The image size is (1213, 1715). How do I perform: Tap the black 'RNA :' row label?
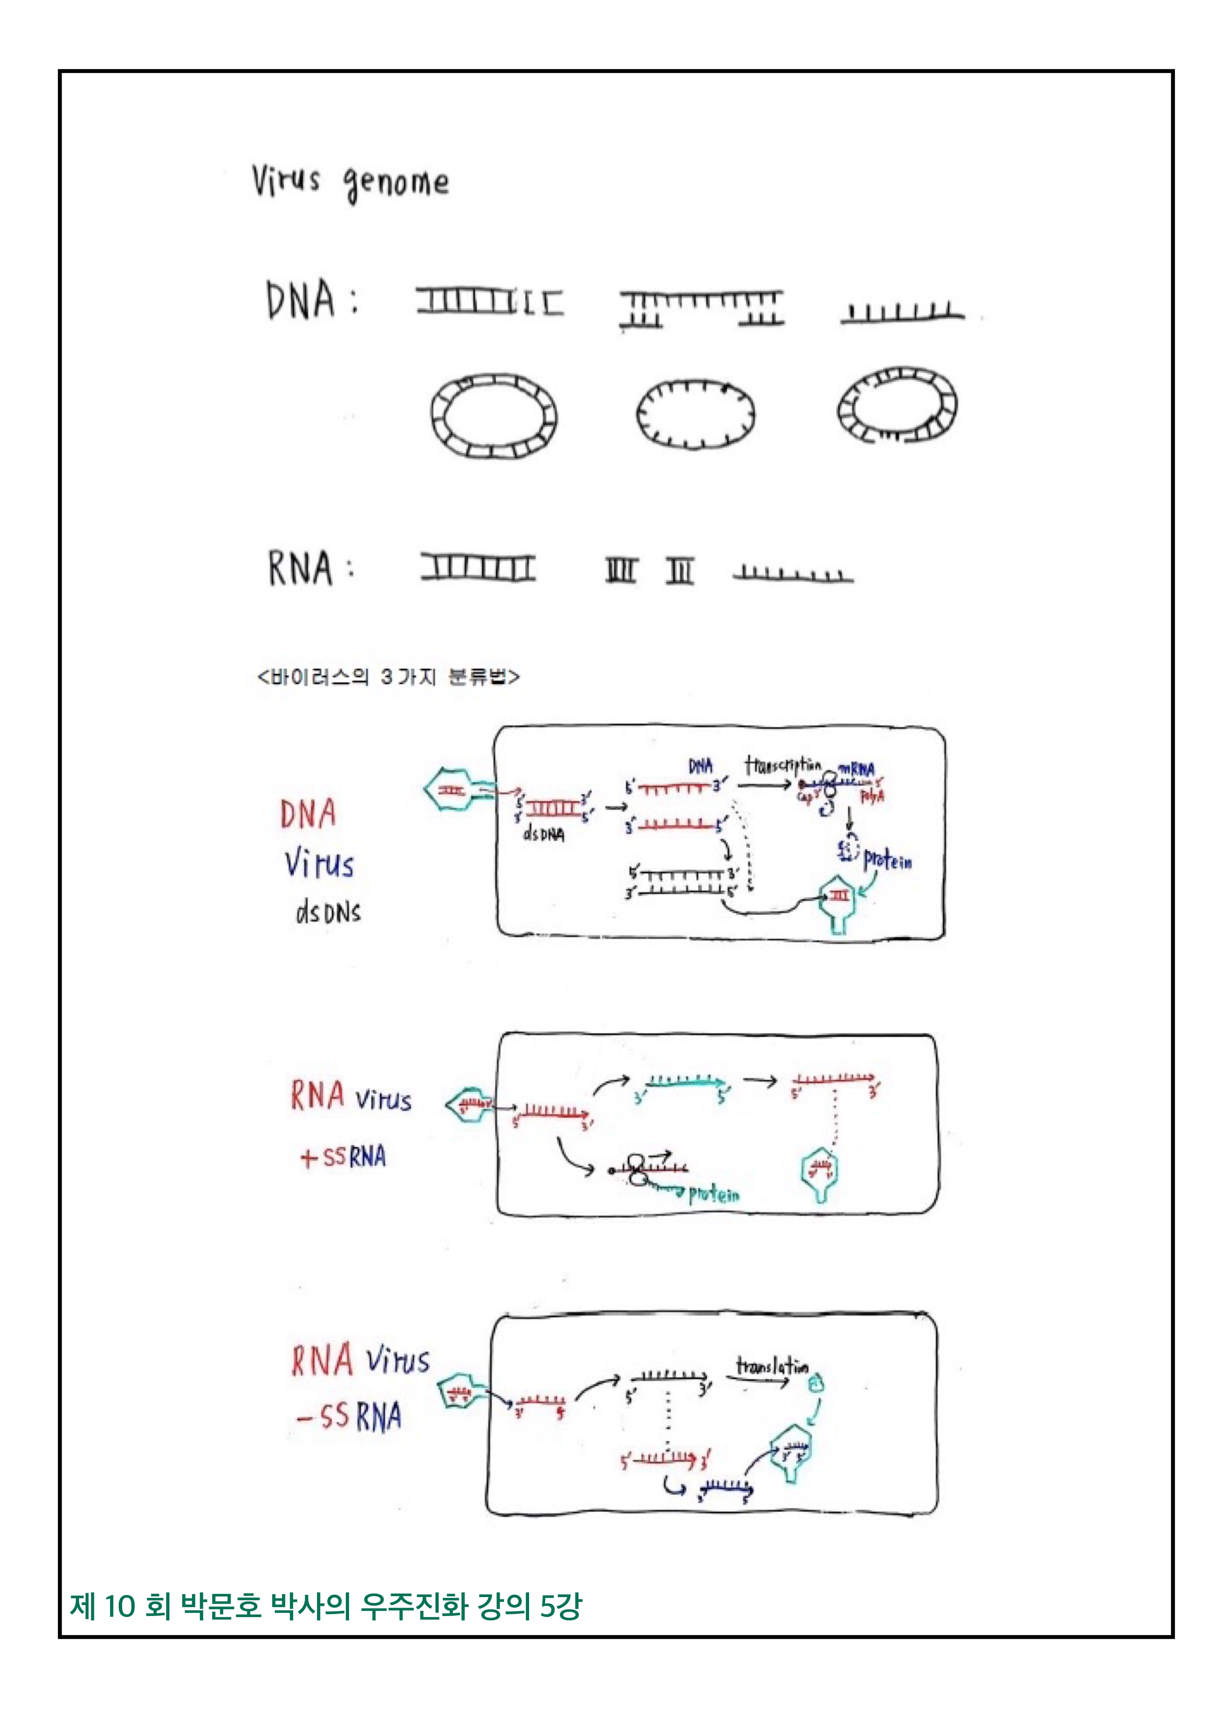[x=310, y=569]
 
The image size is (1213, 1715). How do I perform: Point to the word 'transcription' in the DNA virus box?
[x=782, y=766]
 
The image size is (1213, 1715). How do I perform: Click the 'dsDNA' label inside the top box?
[x=544, y=834]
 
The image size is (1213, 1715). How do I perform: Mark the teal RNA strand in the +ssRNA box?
[x=686, y=1082]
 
